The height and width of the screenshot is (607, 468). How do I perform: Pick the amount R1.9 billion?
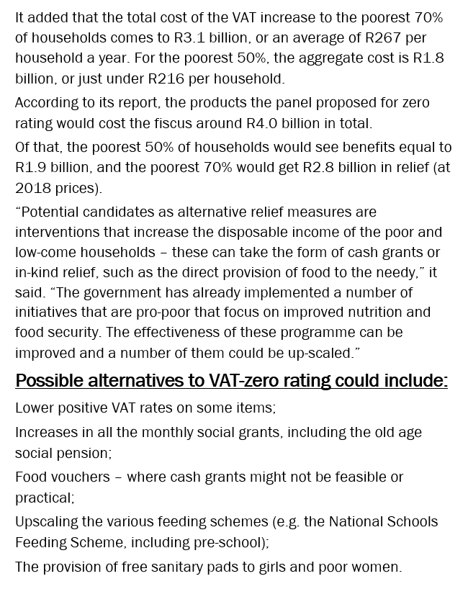point(30,168)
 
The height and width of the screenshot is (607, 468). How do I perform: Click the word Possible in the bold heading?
point(50,380)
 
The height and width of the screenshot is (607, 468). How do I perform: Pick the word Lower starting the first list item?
point(34,408)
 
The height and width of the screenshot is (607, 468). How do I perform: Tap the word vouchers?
point(80,477)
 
